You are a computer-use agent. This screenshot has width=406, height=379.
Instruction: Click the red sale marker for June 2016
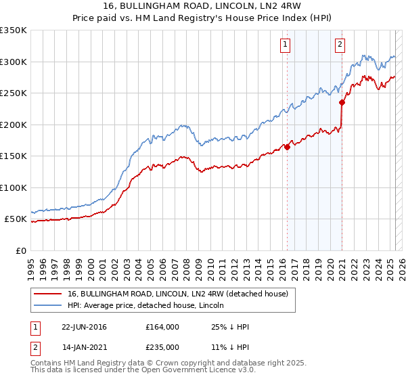pyautogui.click(x=287, y=146)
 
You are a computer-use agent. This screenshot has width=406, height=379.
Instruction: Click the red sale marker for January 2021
pyautogui.click(x=342, y=103)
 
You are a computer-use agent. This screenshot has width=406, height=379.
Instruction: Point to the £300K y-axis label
pyautogui.click(x=14, y=62)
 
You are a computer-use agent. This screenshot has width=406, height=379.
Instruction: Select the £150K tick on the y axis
pyautogui.click(x=14, y=156)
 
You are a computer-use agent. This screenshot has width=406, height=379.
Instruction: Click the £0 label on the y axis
pyautogui.click(x=21, y=251)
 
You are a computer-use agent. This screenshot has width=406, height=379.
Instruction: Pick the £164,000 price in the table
pyautogui.click(x=162, y=327)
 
